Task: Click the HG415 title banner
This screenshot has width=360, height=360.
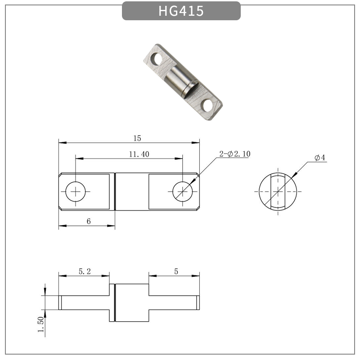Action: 181,11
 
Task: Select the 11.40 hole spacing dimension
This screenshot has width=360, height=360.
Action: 139,154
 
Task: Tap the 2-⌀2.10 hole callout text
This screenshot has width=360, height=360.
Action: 234,154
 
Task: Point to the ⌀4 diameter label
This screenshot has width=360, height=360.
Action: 320,157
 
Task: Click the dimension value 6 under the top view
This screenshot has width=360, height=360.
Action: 89,221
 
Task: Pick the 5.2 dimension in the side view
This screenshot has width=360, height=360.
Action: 85,271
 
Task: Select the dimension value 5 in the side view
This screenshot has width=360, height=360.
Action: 176,271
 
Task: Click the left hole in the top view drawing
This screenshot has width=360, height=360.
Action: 76,192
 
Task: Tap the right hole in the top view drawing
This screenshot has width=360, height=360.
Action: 182,192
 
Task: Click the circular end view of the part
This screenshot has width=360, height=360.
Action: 278,192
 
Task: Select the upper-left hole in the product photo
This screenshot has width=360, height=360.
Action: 156,58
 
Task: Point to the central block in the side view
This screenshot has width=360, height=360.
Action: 132,302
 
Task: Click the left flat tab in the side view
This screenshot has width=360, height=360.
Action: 84,302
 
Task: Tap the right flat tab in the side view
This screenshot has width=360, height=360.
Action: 174,302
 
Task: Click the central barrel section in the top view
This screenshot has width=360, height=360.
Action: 132,192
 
